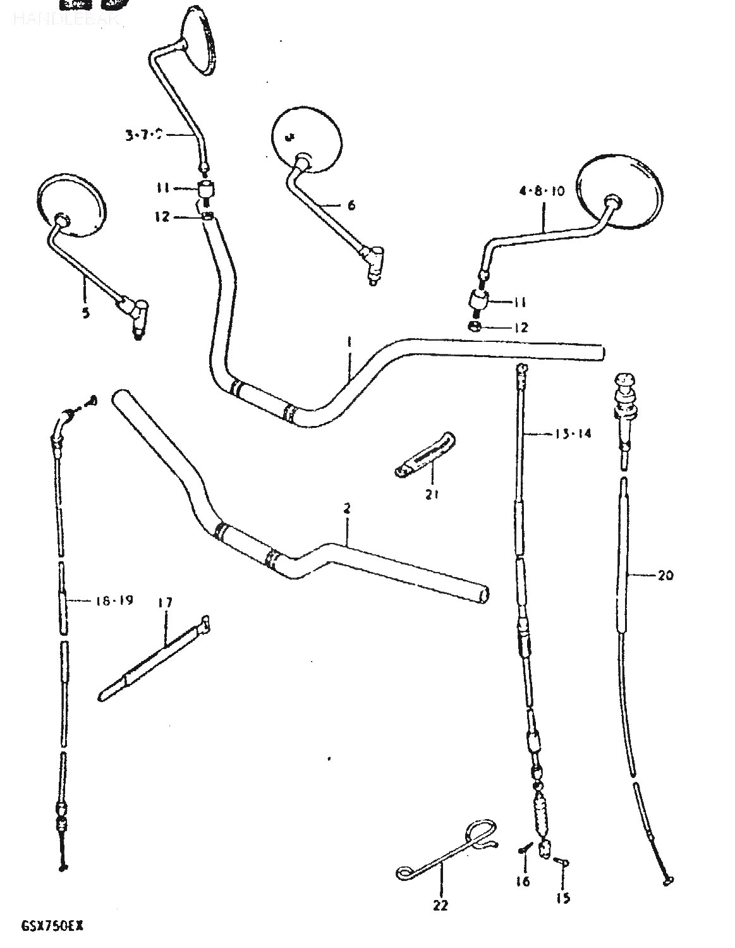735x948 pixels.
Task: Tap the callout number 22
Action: click(x=440, y=905)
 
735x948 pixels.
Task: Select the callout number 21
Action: click(x=432, y=494)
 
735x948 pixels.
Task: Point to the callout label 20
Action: click(x=665, y=575)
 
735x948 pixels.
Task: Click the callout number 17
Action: click(x=165, y=603)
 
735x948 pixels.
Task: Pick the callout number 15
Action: click(x=563, y=897)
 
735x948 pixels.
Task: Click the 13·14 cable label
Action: click(x=573, y=434)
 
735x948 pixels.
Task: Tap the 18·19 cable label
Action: click(x=114, y=600)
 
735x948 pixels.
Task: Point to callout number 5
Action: click(x=85, y=312)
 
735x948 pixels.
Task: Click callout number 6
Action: click(x=351, y=205)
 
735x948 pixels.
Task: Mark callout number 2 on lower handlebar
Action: click(x=347, y=508)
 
